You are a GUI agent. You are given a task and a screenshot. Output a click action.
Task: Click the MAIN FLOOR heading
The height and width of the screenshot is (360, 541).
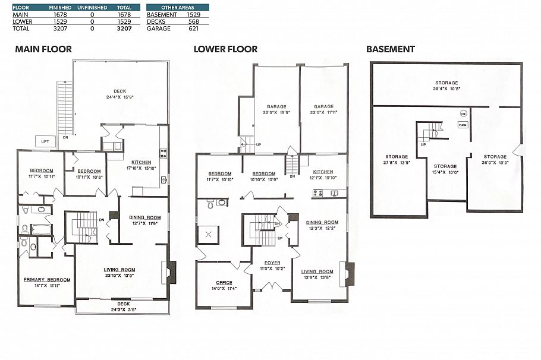43,49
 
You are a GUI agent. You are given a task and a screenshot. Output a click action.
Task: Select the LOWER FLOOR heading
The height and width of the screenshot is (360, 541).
225,49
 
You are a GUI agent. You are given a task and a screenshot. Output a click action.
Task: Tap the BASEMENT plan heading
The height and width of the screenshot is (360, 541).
390,49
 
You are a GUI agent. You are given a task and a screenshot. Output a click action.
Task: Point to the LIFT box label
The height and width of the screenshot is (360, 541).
45,142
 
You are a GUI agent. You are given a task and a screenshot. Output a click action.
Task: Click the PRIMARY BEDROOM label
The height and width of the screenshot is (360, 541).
47,280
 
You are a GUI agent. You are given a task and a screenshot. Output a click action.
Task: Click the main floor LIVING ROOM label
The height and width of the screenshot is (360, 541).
119,270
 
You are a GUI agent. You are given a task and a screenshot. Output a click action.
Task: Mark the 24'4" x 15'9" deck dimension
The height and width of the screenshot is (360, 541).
119,97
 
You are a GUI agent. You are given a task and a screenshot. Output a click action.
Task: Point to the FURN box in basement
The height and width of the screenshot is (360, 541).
463,125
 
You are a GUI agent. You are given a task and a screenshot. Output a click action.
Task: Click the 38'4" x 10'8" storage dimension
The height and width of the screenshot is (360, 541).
446,89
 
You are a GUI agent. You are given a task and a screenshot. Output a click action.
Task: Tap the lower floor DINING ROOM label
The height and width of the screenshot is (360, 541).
322,222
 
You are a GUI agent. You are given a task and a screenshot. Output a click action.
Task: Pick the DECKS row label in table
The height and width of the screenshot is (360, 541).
156,21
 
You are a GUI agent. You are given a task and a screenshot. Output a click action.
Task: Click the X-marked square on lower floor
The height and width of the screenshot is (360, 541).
208,234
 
